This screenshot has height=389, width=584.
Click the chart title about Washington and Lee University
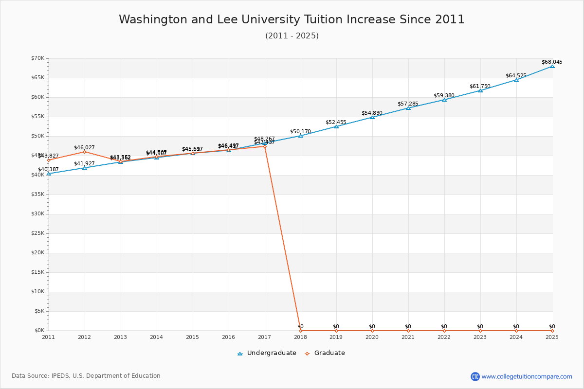[x=292, y=19]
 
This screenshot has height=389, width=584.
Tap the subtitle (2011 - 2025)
[x=292, y=36]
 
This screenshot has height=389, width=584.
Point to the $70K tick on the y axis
[x=37, y=58]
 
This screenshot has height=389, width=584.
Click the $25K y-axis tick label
[x=37, y=233]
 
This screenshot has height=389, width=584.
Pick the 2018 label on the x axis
[x=300, y=337]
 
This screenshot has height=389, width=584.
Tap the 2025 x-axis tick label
[x=552, y=337]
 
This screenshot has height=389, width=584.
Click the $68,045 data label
[x=552, y=62]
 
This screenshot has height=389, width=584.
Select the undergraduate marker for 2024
[x=516, y=80]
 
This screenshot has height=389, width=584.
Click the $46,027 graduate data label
[x=84, y=147]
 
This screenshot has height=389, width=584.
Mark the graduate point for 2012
[x=85, y=152]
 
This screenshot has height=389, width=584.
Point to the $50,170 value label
[x=300, y=131]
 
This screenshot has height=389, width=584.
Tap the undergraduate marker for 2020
[x=372, y=117]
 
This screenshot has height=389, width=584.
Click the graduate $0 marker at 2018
[x=300, y=331]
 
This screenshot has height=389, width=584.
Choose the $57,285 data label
[x=408, y=104]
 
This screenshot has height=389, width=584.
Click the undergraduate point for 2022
[x=444, y=100]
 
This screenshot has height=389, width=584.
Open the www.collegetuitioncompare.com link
[x=527, y=376]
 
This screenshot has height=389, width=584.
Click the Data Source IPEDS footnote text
[x=86, y=376]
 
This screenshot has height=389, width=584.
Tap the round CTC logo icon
[x=475, y=376]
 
